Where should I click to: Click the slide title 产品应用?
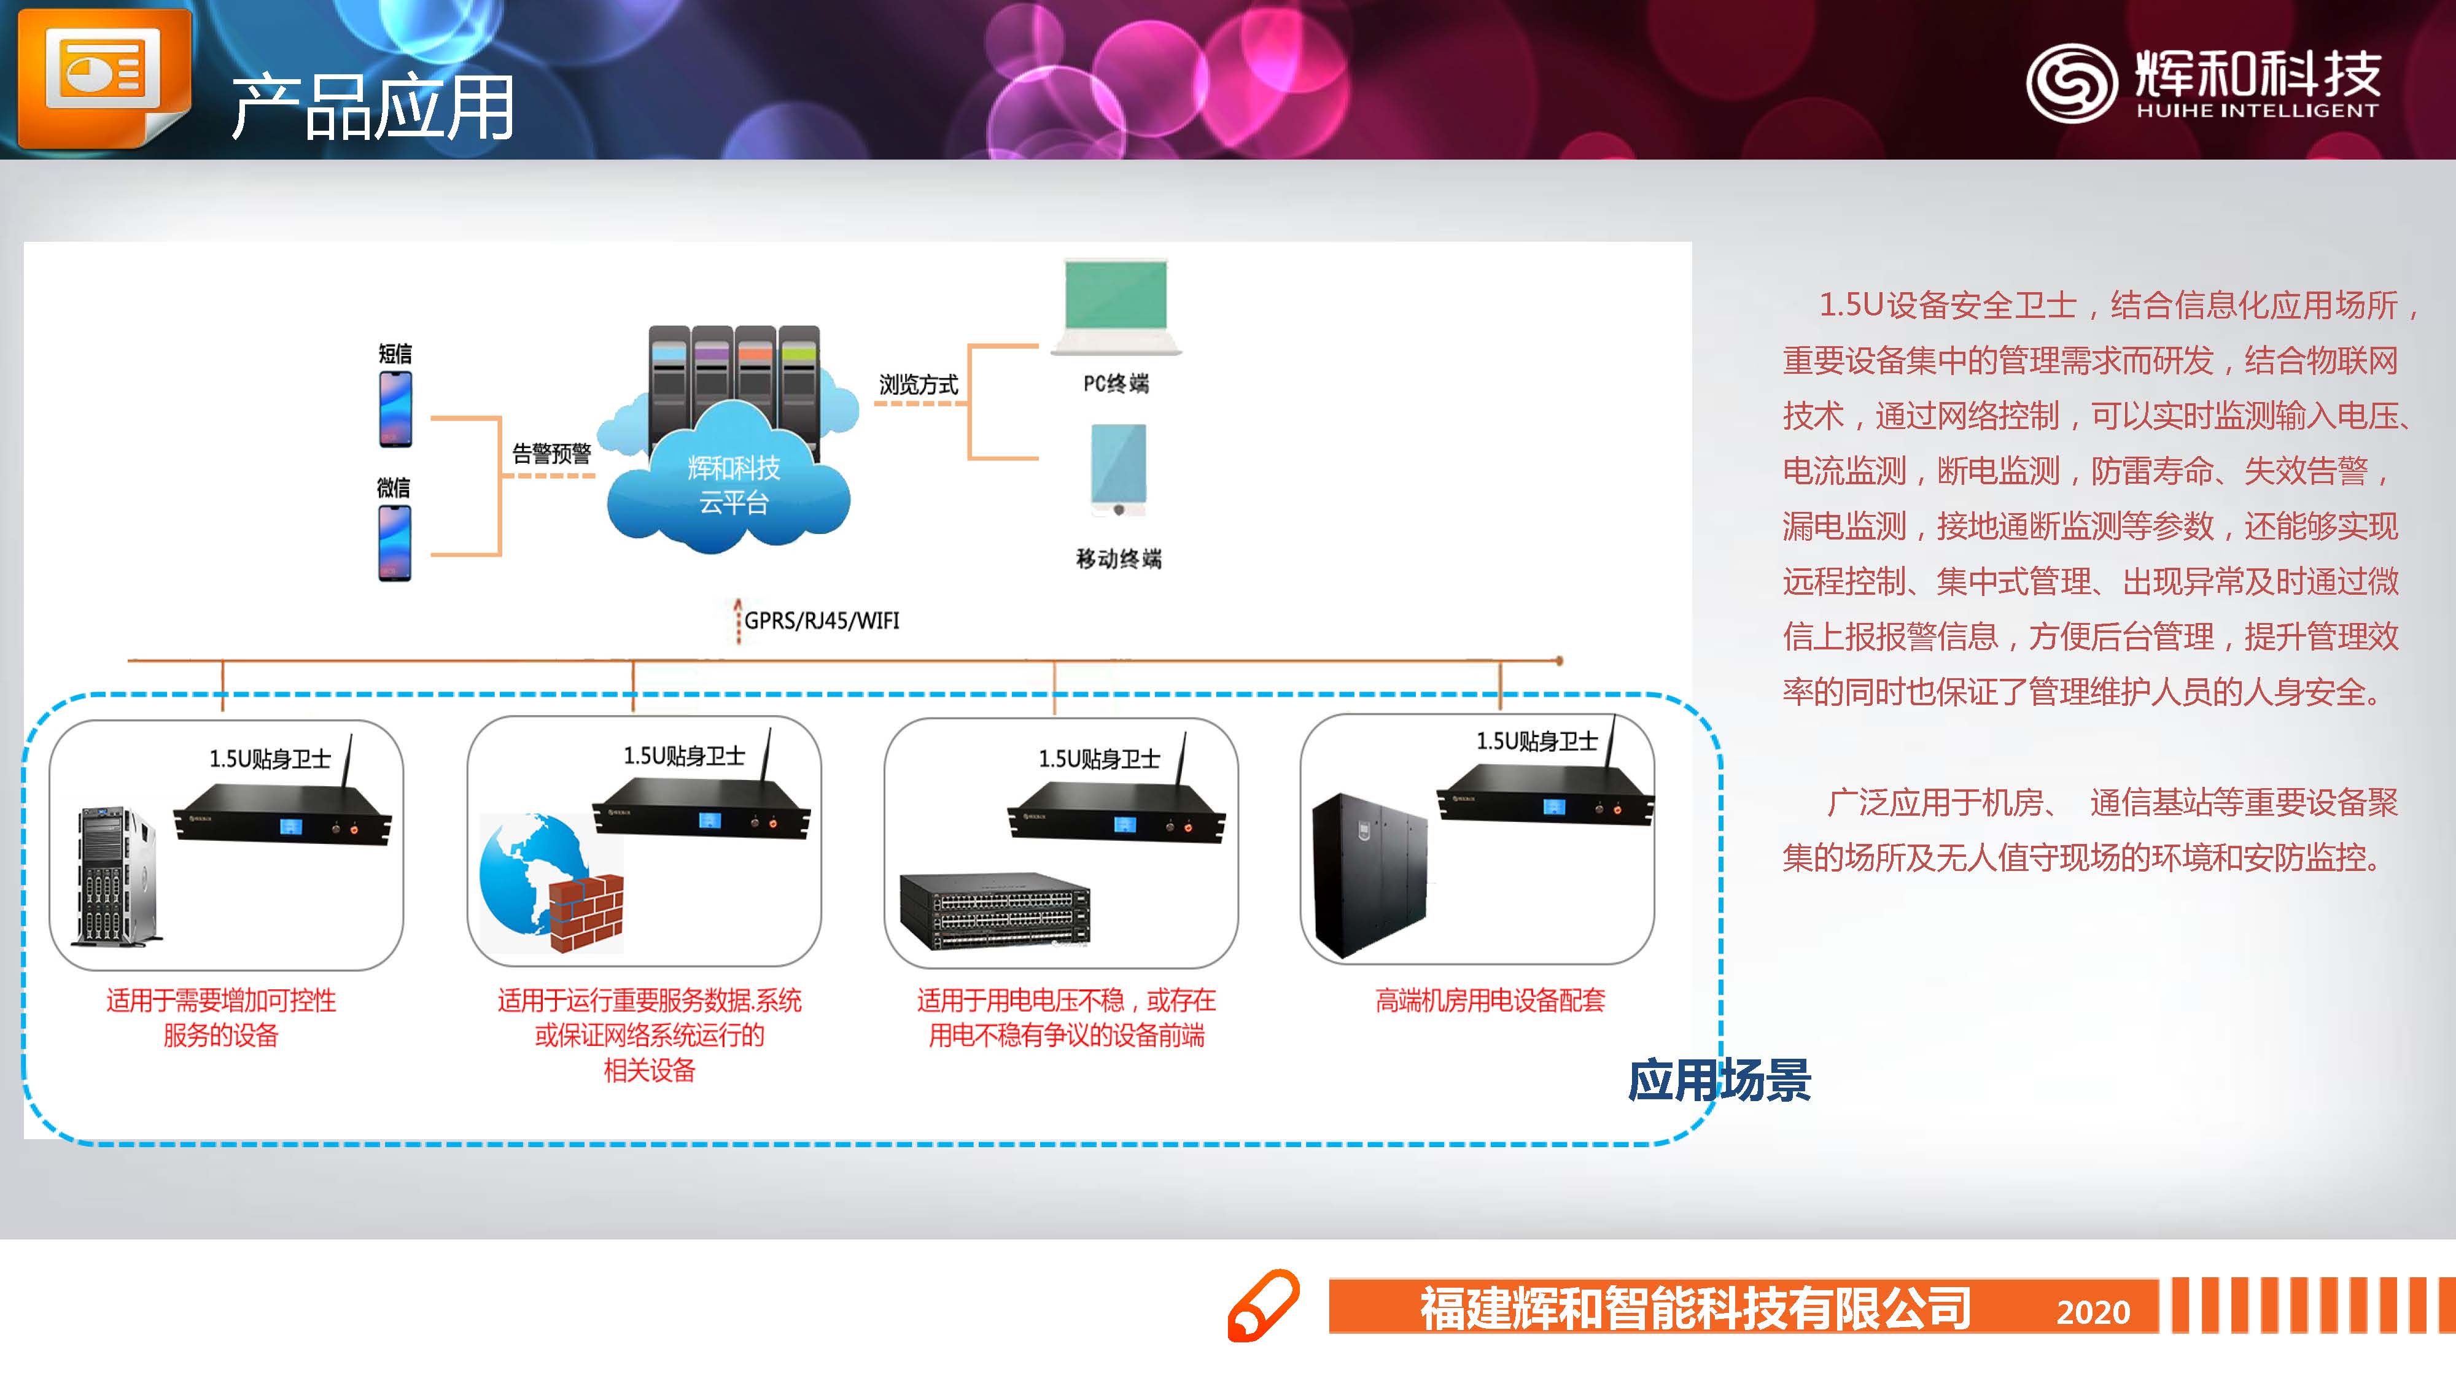[372, 107]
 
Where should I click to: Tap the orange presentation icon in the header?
[103, 76]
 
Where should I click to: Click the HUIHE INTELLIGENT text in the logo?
[2256, 110]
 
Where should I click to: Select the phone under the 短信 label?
[395, 409]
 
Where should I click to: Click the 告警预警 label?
[551, 454]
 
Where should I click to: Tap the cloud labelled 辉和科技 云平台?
[733, 486]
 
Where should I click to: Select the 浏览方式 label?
[918, 384]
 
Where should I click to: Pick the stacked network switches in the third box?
[995, 910]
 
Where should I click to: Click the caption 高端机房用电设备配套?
[1490, 1000]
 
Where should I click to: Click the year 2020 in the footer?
[2093, 1312]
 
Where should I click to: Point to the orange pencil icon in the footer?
[1262, 1306]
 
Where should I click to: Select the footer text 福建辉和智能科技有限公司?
[1695, 1307]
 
